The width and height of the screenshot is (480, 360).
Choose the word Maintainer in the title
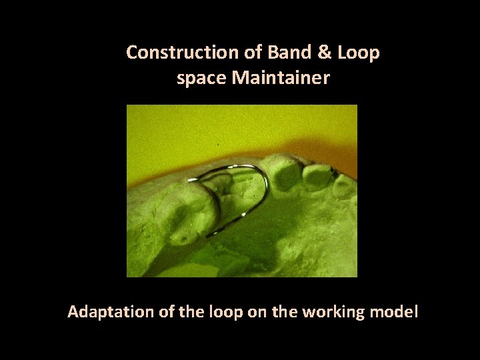click(x=281, y=79)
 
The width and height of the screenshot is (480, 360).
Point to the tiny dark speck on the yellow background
click(x=219, y=144)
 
